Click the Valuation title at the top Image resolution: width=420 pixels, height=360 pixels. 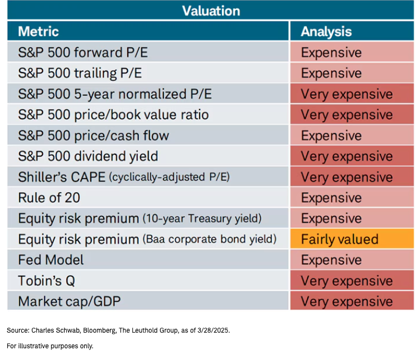click(x=211, y=11)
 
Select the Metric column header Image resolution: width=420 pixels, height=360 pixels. click(x=38, y=31)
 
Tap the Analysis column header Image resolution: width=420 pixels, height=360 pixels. click(x=326, y=31)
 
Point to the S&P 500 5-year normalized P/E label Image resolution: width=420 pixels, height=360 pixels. click(x=115, y=94)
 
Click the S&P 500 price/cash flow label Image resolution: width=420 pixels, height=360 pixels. click(x=93, y=136)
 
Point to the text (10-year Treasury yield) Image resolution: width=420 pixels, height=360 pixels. click(x=202, y=219)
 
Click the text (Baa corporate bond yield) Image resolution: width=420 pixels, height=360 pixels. click(x=210, y=239)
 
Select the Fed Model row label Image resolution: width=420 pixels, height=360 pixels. click(x=51, y=260)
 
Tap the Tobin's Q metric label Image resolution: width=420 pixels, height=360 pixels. click(x=49, y=281)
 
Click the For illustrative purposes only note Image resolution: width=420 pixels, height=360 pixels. click(x=50, y=346)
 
